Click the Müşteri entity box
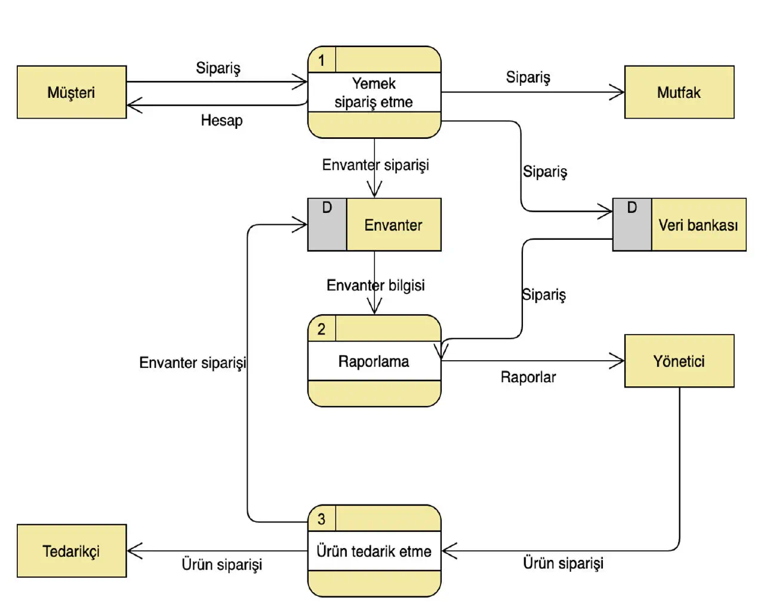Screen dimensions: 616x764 point(72,92)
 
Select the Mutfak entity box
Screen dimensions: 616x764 point(679,92)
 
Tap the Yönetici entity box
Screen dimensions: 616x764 point(679,361)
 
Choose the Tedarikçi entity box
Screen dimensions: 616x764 point(72,551)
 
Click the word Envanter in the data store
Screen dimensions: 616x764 point(393,225)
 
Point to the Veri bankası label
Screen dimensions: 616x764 point(698,225)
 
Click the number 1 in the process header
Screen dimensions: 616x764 point(322,60)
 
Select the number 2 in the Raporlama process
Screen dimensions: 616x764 point(322,329)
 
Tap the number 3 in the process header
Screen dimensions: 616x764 point(322,519)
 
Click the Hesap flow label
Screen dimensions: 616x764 point(221,120)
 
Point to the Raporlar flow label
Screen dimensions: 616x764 point(528,377)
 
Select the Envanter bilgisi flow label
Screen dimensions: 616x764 point(375,285)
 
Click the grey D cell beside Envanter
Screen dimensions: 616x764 point(327,225)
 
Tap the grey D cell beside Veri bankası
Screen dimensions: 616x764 point(631,225)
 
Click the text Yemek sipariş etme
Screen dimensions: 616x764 point(374,93)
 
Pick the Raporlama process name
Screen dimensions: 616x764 point(374,361)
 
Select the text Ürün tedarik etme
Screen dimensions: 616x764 point(374,551)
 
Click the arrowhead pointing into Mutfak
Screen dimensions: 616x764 point(618,92)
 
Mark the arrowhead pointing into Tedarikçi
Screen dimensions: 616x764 point(134,551)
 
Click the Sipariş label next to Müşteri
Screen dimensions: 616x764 point(218,68)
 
